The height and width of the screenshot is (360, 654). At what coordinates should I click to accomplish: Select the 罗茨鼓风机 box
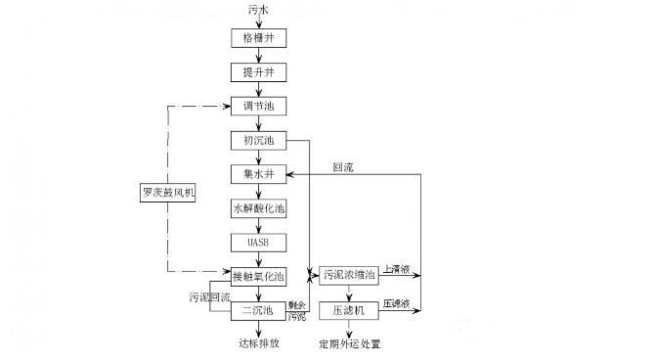pyautogui.click(x=169, y=191)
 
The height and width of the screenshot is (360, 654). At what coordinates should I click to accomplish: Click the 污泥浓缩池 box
pyautogui.click(x=348, y=276)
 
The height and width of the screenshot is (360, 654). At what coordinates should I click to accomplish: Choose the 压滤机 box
pyautogui.click(x=348, y=310)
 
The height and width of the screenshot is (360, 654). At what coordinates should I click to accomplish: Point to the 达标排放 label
pyautogui.click(x=259, y=343)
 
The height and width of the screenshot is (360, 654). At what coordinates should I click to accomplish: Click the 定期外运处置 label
pyautogui.click(x=349, y=344)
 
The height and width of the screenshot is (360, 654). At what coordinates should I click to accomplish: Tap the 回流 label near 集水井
pyautogui.click(x=343, y=167)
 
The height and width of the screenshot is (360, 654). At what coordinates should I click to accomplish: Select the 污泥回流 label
pyautogui.click(x=209, y=296)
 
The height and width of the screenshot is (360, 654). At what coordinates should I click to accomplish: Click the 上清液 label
pyautogui.click(x=396, y=269)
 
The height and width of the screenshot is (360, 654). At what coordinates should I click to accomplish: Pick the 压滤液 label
pyautogui.click(x=396, y=303)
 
